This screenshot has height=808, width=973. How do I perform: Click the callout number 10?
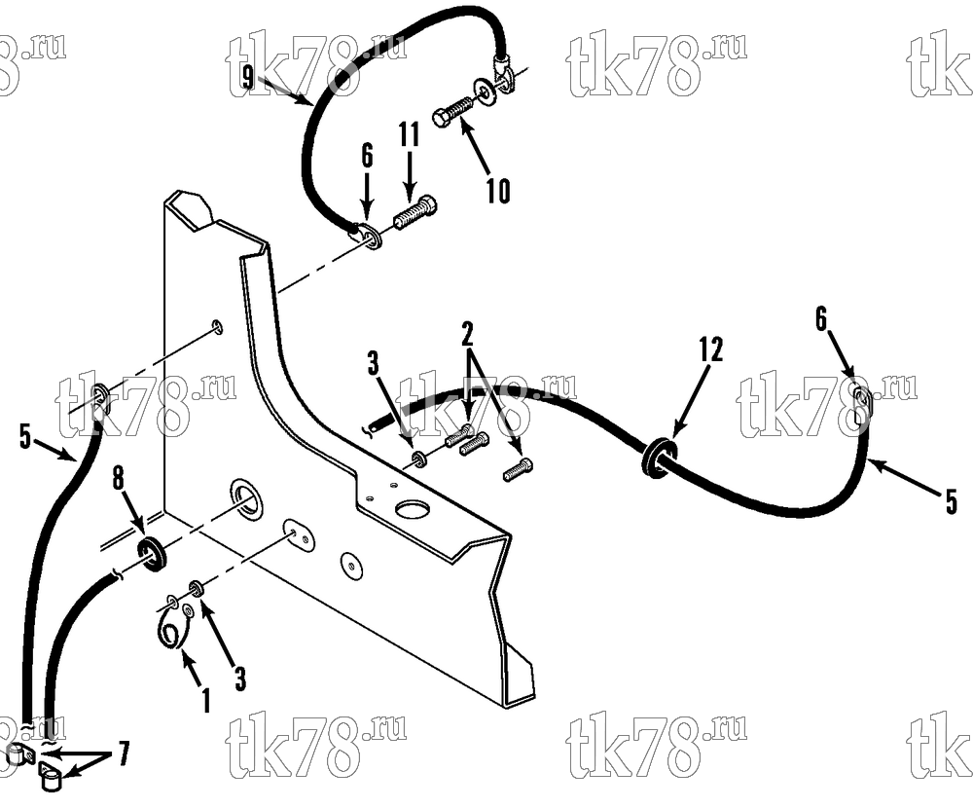pos(497,191)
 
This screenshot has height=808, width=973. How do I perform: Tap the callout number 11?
pos(410,134)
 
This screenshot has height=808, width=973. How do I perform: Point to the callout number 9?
pos(248,79)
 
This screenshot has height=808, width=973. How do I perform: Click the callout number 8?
pos(118,479)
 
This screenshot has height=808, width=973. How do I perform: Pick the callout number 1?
pos(206,700)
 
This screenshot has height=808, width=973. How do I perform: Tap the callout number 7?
pos(124,753)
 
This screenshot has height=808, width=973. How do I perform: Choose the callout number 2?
pos(467,334)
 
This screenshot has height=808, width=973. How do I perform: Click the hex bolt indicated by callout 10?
pos(451,112)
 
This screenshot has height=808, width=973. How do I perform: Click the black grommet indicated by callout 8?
pos(150,555)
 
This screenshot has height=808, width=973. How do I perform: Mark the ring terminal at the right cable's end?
pos(859,404)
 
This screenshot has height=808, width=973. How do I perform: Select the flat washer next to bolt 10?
pos(484,91)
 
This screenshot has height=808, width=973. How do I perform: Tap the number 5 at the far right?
pos(952,501)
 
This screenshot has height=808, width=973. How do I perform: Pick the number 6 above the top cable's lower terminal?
pos(368,156)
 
